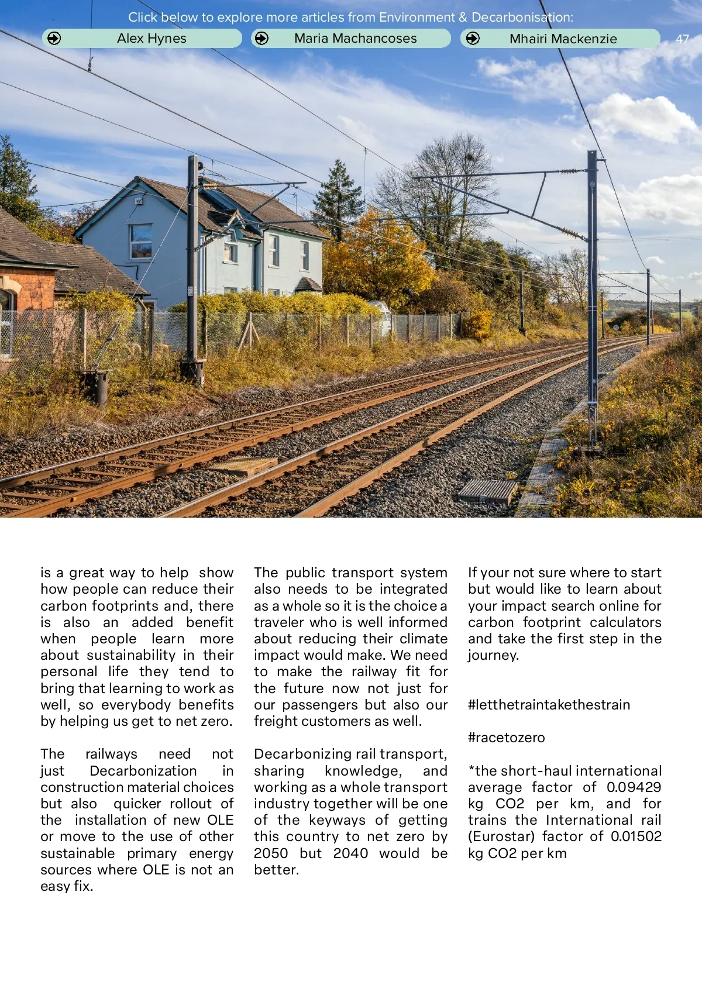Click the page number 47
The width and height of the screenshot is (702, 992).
point(682,39)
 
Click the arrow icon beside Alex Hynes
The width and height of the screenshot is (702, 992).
point(54,39)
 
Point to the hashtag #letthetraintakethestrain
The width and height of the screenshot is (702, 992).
point(549,705)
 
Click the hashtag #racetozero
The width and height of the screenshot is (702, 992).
point(506,738)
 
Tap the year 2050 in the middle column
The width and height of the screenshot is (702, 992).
point(271,853)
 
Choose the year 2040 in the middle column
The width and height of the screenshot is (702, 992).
point(350,853)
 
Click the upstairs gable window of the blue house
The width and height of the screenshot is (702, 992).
point(141,241)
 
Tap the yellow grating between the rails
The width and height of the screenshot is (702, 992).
point(242,466)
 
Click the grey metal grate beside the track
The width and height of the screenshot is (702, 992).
point(488,491)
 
